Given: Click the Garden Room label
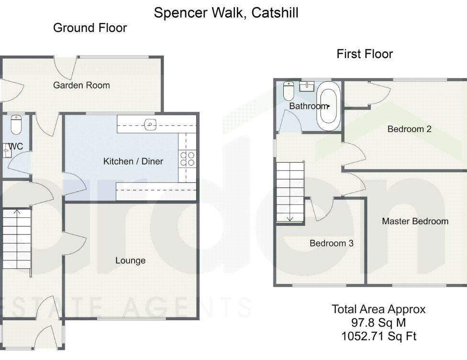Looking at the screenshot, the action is tap(81, 85).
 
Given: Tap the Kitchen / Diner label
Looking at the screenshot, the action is tap(133, 161).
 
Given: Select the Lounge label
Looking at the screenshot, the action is tap(131, 260).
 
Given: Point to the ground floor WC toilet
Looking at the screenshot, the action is tap(16, 124).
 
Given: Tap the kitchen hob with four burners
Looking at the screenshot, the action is tap(188, 158).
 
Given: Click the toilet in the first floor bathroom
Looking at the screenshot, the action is tap(289, 90).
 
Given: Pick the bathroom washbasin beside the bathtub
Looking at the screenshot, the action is tap(307, 86).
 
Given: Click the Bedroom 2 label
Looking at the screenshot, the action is tap(409, 129).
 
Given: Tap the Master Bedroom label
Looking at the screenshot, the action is tap(415, 221).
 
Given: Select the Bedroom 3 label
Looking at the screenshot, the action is tap(332, 243).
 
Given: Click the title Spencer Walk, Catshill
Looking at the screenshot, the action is tap(226, 13).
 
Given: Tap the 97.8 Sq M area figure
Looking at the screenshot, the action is tap(378, 323).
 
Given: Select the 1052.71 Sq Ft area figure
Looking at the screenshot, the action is tap(378, 336).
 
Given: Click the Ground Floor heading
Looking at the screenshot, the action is tap(90, 28).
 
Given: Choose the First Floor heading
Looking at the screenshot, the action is tap(365, 54).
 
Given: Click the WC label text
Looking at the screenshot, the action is tap(16, 146).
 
